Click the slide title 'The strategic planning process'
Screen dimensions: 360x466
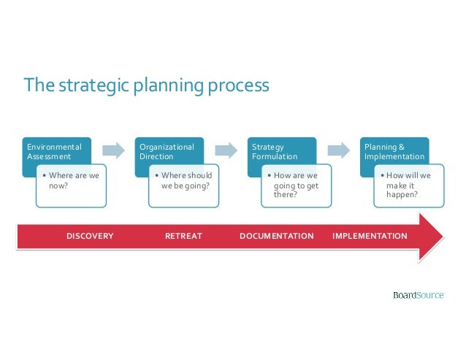pyautogui.click(x=147, y=86)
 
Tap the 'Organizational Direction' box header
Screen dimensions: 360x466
pyautogui.click(x=167, y=151)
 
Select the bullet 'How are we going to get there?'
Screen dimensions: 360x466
pyautogui.click(x=295, y=185)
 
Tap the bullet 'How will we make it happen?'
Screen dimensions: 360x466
pyautogui.click(x=407, y=185)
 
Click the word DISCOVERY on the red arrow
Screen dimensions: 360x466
pyautogui.click(x=90, y=236)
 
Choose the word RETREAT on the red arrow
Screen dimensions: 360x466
pyautogui.click(x=183, y=236)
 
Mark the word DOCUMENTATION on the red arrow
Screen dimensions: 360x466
pyautogui.click(x=276, y=236)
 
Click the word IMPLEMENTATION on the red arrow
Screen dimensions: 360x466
pyautogui.click(x=370, y=236)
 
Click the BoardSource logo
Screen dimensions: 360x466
pyautogui.click(x=418, y=295)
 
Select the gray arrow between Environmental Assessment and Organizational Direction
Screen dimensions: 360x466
pyautogui.click(x=113, y=150)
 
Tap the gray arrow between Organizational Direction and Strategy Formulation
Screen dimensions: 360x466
pyautogui.click(x=226, y=150)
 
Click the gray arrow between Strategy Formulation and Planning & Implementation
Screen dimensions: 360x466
pyautogui.click(x=338, y=150)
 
